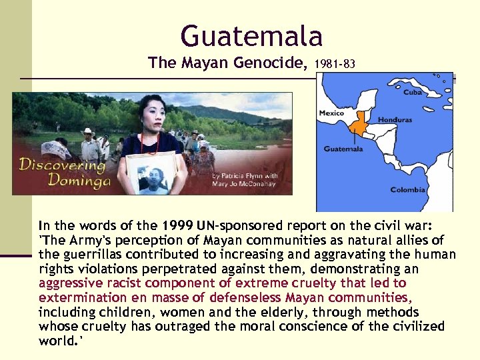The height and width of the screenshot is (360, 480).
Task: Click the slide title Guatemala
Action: (x=251, y=35)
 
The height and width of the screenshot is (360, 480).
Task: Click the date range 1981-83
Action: (x=334, y=65)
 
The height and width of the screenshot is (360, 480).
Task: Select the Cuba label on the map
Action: (x=412, y=93)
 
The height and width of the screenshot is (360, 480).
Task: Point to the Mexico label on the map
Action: (x=331, y=113)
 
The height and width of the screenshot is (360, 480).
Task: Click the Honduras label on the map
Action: (x=395, y=120)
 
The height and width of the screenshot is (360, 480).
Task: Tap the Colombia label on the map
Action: (x=407, y=190)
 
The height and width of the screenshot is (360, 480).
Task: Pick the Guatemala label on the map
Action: (x=343, y=149)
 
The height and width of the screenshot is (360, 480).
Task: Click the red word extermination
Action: (x=75, y=298)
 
